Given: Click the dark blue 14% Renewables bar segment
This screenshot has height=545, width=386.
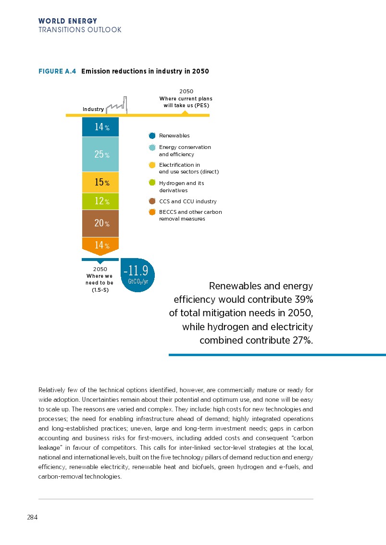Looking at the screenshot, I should coord(100,127).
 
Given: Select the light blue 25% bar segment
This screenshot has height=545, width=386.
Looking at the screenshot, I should coord(100,154).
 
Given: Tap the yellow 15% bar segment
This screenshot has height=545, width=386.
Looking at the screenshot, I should coord(100,182).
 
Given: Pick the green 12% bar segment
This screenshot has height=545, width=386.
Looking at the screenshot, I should coord(100,201).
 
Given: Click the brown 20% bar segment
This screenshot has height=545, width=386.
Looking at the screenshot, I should coord(100,223).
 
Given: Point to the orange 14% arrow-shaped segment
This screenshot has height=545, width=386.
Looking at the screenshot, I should coord(100,245).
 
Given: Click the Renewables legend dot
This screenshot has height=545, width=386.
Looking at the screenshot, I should coord(152,136).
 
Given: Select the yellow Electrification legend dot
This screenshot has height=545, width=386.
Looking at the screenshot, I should coord(152,165).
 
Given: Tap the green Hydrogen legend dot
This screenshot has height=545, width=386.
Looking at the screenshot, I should coord(152,183).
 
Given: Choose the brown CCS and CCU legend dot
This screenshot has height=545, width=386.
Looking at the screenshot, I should coord(152,201).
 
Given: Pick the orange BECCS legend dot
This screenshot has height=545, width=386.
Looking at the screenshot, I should coord(152,212).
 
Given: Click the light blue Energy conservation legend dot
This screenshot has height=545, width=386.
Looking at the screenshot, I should coord(152,148).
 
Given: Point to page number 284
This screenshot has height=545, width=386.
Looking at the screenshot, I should coord(32,518).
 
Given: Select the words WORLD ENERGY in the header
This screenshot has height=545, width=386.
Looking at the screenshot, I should coord(68,21).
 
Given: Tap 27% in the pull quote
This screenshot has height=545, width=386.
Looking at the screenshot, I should coord(301,341).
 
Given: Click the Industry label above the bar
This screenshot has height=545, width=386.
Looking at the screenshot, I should coord(93,110).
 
